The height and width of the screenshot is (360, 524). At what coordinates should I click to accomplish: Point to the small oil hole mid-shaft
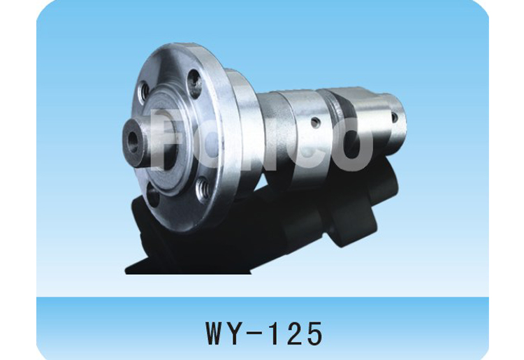click(316, 124)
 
